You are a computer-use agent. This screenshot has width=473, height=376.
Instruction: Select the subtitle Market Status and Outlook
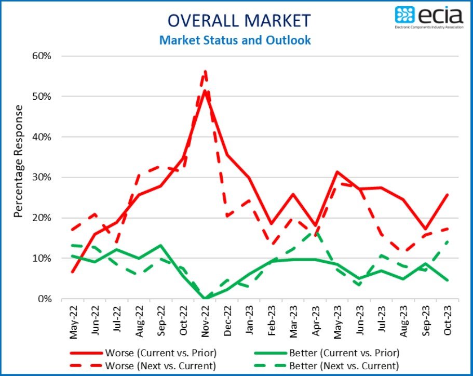tap(235, 40)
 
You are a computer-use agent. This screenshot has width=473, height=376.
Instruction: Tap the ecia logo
tap(429, 17)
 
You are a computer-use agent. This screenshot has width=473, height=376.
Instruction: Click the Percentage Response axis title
tap(19, 161)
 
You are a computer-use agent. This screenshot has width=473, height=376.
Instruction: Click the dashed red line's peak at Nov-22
tap(206, 71)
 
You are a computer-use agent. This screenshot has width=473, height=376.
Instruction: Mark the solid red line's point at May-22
tap(72, 272)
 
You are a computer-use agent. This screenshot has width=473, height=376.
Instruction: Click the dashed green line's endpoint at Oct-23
tap(448, 241)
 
